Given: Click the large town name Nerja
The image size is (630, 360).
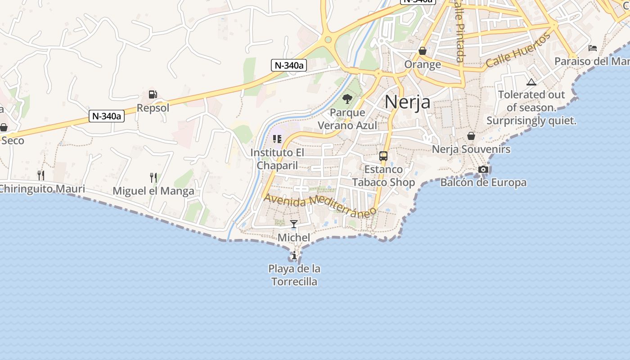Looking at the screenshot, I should (x=407, y=102).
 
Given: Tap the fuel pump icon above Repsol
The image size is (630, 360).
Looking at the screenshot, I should (x=153, y=95).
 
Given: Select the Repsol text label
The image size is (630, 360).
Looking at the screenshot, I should (x=153, y=108).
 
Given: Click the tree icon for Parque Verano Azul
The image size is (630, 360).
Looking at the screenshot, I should (x=347, y=99).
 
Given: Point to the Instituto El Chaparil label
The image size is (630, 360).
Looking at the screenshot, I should (x=277, y=159).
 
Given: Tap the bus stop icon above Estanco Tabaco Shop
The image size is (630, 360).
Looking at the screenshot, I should (x=383, y=156).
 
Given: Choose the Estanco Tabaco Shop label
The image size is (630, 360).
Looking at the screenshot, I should (x=383, y=176).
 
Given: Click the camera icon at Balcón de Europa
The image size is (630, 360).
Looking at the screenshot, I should (x=483, y=170).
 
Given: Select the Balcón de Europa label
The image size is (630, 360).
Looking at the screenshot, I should (x=483, y=183).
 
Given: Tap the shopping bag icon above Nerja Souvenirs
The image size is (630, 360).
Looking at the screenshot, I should (x=471, y=136).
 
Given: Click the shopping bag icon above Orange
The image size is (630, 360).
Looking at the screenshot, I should (x=422, y=51).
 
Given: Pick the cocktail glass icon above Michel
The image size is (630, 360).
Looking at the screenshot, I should (x=294, y=224).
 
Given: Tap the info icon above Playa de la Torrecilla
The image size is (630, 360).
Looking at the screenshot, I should (x=294, y=256).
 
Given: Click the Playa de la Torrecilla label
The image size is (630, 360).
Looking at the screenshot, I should (x=294, y=275).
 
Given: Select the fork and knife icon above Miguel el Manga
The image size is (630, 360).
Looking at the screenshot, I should (x=153, y=178).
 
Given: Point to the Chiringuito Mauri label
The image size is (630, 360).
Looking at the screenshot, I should (x=43, y=189).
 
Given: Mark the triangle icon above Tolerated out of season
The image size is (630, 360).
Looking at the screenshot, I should (x=531, y=82).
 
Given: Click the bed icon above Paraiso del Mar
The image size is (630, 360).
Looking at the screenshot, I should (x=593, y=48).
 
